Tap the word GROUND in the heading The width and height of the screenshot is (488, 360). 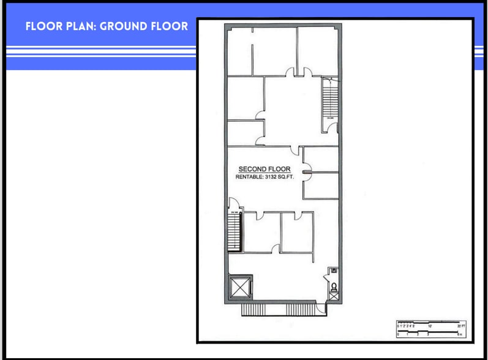coord(127,26)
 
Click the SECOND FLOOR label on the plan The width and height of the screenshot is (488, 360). coord(264,169)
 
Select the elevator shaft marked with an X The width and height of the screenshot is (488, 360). coord(238,286)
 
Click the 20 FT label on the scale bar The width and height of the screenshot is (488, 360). coord(462,326)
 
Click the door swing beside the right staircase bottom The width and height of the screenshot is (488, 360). coord(331,127)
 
